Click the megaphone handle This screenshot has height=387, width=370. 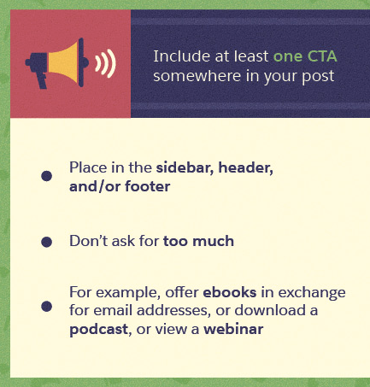click(x=43, y=80)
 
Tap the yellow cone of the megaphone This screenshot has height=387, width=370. click(x=64, y=62)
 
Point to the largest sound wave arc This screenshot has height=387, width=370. click(x=111, y=63)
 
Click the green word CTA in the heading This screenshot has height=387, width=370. click(x=322, y=56)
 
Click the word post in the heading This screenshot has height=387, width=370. click(x=318, y=77)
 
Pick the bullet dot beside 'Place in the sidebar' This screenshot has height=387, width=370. click(x=46, y=176)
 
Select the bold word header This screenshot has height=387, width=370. click(x=245, y=167)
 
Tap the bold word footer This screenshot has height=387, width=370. click(x=148, y=186)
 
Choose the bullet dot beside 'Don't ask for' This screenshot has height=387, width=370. click(x=46, y=242)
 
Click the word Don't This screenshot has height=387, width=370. click(x=88, y=241)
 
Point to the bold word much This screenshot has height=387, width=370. click(x=213, y=241)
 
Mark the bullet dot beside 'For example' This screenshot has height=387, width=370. click(x=46, y=307)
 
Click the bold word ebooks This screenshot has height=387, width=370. click(x=230, y=292)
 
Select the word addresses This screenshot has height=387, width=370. click(x=173, y=310)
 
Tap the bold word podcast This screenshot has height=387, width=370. click(x=99, y=330)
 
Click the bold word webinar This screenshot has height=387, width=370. click(x=233, y=329)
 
